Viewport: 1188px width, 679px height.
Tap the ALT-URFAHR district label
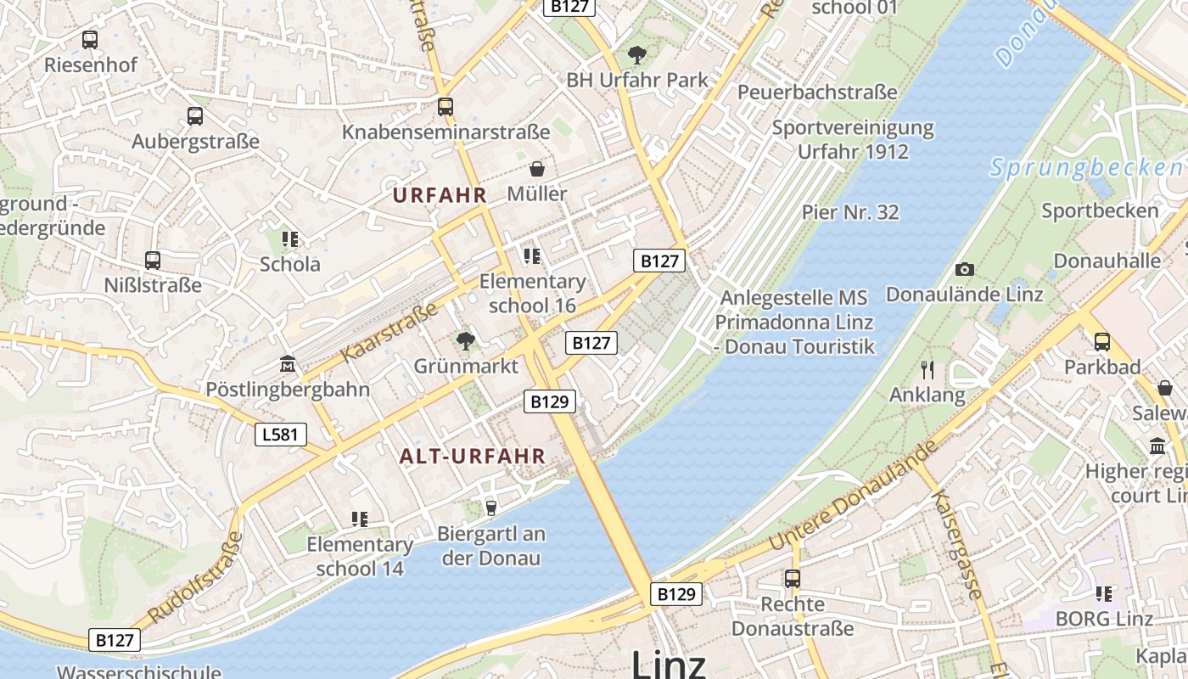click(473, 456)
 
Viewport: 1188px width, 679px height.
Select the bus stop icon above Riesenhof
click(90, 39)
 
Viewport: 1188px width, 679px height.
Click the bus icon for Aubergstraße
click(195, 116)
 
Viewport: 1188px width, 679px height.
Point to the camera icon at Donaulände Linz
click(965, 269)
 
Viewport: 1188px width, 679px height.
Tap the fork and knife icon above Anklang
click(927, 369)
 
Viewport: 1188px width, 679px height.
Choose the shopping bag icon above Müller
click(536, 169)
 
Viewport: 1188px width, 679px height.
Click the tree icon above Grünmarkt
click(465, 341)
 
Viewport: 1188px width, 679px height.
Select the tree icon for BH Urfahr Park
click(636, 56)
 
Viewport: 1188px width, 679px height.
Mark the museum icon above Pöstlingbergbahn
click(288, 364)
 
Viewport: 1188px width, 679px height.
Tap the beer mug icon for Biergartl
click(490, 508)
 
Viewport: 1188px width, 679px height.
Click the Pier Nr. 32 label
click(850, 212)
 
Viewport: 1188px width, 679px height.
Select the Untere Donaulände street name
click(852, 495)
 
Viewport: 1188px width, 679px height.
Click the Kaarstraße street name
click(389, 331)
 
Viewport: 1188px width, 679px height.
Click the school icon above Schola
click(290, 238)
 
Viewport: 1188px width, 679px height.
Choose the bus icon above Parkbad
click(1102, 342)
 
